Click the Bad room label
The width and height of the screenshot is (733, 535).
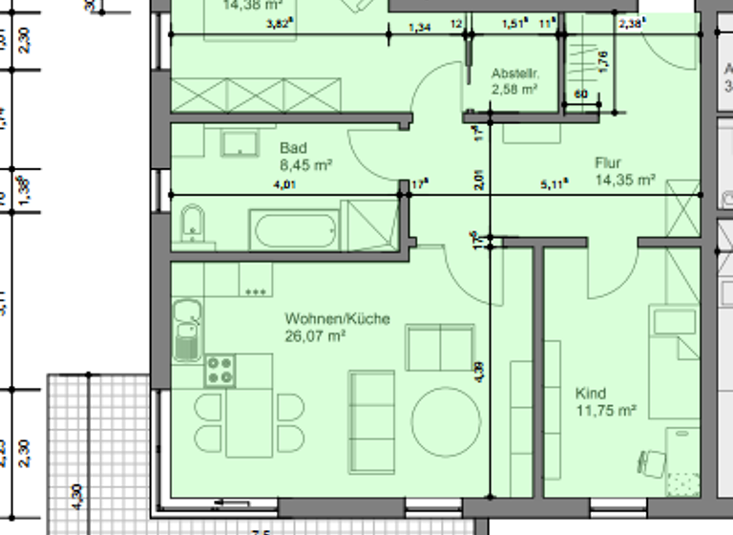point(293,149)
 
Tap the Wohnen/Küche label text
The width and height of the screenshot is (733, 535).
point(337,319)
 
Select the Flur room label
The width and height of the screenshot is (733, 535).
point(608,163)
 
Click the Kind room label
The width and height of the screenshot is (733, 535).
point(590,394)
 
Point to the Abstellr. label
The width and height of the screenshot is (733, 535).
point(515,74)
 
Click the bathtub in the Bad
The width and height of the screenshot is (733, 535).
point(293,230)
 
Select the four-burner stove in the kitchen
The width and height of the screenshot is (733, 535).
point(219,370)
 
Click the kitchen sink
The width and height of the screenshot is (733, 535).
point(186,330)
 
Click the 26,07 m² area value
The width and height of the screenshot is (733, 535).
point(315,336)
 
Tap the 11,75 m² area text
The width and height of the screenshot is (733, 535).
point(606,411)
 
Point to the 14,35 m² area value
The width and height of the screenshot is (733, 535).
point(625,180)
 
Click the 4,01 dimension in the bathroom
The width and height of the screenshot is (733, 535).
point(283,185)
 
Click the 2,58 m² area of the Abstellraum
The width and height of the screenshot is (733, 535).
point(514,90)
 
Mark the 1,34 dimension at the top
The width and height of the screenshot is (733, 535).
point(419,28)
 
